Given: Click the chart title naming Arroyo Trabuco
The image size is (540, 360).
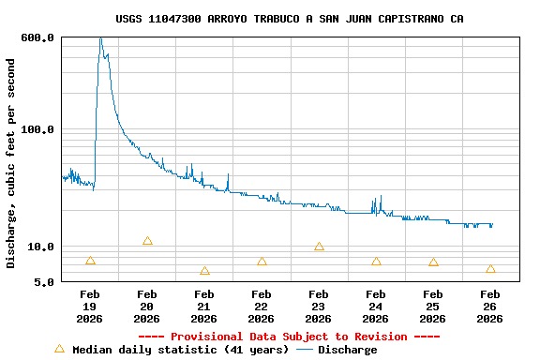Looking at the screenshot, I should click(290, 19).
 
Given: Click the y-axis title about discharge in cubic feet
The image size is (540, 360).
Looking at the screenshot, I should click(11, 163).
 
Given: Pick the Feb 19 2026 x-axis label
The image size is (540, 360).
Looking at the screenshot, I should click(90, 307).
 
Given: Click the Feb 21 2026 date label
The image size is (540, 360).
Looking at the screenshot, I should click(204, 307).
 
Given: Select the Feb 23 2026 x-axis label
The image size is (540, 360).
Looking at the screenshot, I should click(319, 307).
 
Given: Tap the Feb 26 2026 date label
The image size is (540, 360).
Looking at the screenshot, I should click(490, 307).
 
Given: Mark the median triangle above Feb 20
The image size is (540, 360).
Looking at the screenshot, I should click(147, 241).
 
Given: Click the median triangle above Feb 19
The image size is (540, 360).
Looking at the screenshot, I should click(90, 261).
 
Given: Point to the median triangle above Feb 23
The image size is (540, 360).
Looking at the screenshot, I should click(319, 247).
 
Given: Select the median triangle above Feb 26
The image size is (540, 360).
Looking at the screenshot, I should click(490, 269).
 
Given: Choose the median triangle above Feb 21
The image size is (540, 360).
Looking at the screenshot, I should click(204, 271).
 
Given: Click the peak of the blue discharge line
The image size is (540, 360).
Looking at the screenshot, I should click(100, 38).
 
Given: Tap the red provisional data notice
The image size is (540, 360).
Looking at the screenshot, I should click(289, 337).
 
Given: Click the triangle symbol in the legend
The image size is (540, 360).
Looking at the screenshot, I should click(59, 349).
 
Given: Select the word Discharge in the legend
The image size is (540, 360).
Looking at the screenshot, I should click(347, 350).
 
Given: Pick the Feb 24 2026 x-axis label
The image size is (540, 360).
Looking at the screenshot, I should click(376, 307).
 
